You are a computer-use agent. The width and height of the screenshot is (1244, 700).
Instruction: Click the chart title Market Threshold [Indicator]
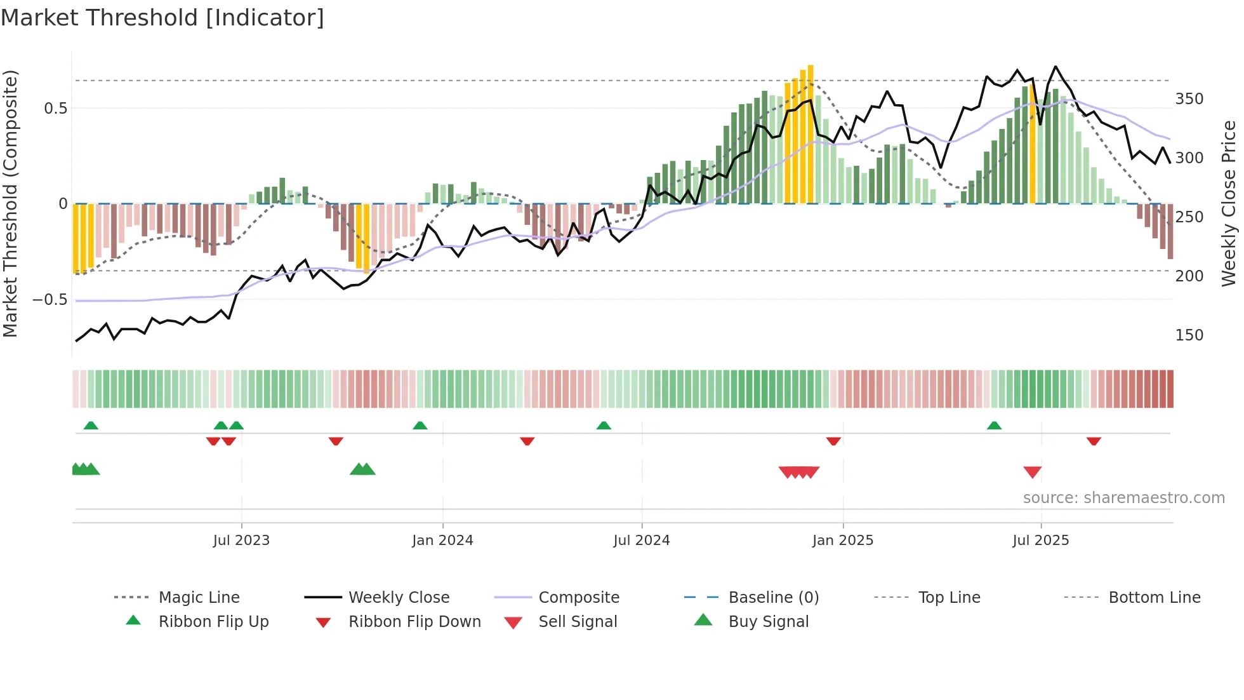tap(162, 18)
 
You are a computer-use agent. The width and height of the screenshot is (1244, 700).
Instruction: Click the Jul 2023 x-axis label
tap(241, 541)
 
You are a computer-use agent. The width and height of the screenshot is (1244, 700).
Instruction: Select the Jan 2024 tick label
tap(442, 541)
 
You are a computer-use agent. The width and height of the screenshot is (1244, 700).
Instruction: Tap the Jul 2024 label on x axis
tap(641, 541)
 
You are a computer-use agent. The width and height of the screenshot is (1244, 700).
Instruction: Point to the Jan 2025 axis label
tap(842, 541)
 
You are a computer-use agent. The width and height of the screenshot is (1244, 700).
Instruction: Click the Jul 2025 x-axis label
tap(1040, 541)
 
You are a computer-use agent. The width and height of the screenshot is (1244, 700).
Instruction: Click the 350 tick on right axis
tap(1189, 99)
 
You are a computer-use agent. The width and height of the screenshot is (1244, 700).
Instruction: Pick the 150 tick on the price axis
tap(1189, 335)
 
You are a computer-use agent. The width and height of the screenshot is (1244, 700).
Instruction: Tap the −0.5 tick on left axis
tap(50, 299)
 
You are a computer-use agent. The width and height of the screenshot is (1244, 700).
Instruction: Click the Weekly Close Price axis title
tap(1229, 203)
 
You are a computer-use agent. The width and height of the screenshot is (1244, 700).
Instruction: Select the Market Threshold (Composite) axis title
tap(10, 203)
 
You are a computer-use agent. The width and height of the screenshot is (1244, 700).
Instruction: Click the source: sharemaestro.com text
tap(1123, 498)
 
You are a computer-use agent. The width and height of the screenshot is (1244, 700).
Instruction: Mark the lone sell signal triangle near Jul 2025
tap(1032, 472)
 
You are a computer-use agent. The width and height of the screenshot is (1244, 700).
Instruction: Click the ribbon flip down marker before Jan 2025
tap(833, 441)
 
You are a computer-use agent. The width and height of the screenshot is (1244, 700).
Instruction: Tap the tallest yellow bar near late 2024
tap(811, 133)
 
